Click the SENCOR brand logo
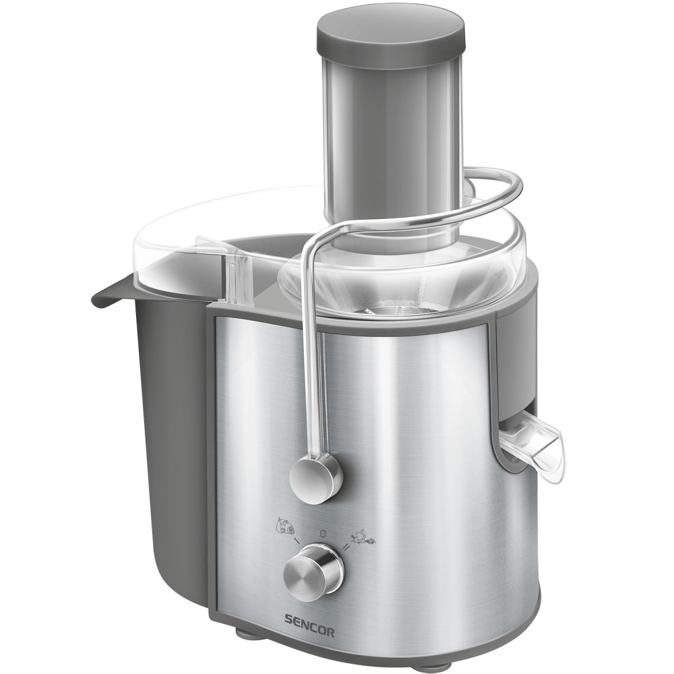pos(309,632)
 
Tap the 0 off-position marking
pos(322,534)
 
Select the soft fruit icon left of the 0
pos(285,525)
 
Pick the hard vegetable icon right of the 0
pos(363,537)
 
